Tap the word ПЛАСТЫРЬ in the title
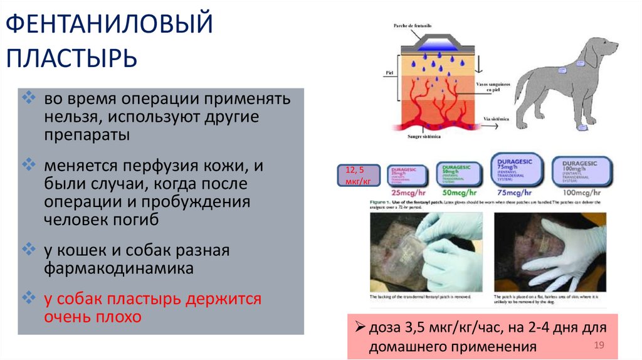[x=72, y=59]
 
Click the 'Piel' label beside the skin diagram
[x=388, y=73]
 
